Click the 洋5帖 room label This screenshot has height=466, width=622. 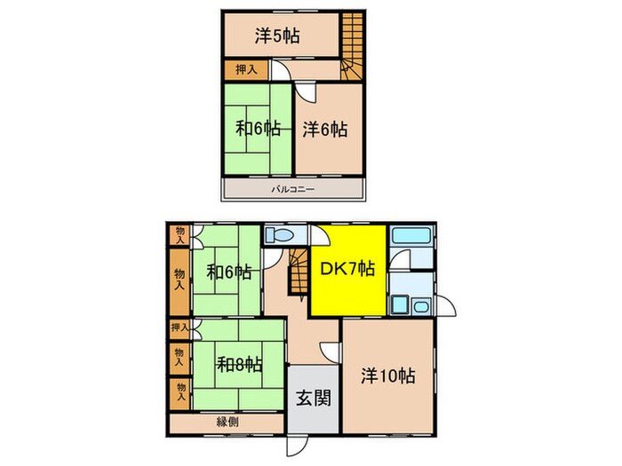277,36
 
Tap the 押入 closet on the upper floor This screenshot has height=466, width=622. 246,70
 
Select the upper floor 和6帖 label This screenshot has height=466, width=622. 259,129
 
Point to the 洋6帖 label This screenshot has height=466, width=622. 325,130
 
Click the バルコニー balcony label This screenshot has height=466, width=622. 293,189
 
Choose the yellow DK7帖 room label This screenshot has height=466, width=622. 347,269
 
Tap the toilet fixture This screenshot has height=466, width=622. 280,234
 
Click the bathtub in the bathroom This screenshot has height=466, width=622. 411,235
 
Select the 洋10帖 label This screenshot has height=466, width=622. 388,375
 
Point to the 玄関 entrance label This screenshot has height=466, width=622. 314,399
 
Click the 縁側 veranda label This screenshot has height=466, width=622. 227,422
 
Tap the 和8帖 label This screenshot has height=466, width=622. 239,365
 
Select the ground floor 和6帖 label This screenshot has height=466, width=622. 229,272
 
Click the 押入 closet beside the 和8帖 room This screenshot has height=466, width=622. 179,328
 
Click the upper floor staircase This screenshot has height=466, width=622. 352,46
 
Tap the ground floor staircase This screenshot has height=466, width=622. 299,272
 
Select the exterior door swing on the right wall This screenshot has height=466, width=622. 446,305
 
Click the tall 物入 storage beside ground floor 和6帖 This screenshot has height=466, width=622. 179,280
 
